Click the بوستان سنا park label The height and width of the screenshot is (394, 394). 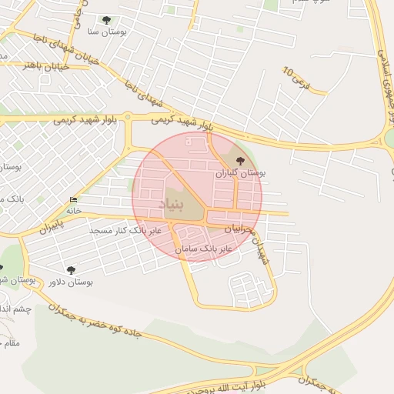tap(105, 32)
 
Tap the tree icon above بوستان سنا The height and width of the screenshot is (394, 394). tap(106, 21)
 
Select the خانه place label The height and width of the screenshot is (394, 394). tap(74, 210)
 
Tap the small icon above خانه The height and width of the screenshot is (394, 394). tap(74, 200)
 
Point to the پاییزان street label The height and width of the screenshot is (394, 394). tap(48, 228)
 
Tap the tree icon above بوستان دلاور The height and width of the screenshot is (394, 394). tap(72, 270)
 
